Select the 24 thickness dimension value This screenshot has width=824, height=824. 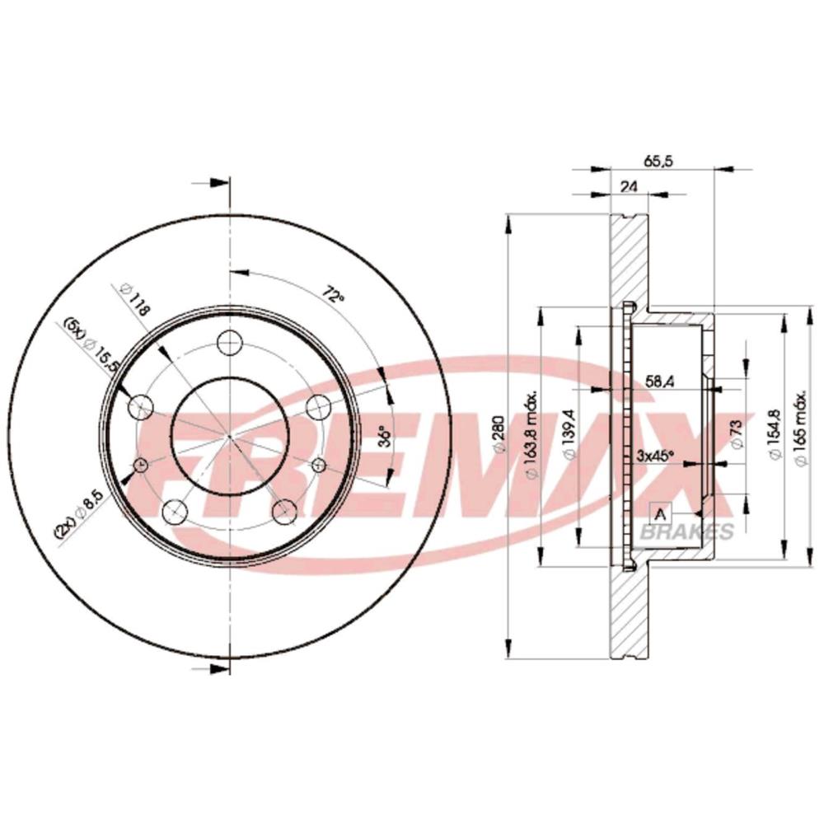pos(629,187)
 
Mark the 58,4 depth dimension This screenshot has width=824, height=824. pos(658,380)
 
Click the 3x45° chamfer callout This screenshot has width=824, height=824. pos(656,456)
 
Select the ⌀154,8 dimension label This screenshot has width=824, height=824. pos(774,438)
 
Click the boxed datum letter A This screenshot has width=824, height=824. pos(660,513)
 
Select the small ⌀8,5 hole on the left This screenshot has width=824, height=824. pos(140,466)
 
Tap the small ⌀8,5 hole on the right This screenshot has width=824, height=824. pos(316,466)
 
